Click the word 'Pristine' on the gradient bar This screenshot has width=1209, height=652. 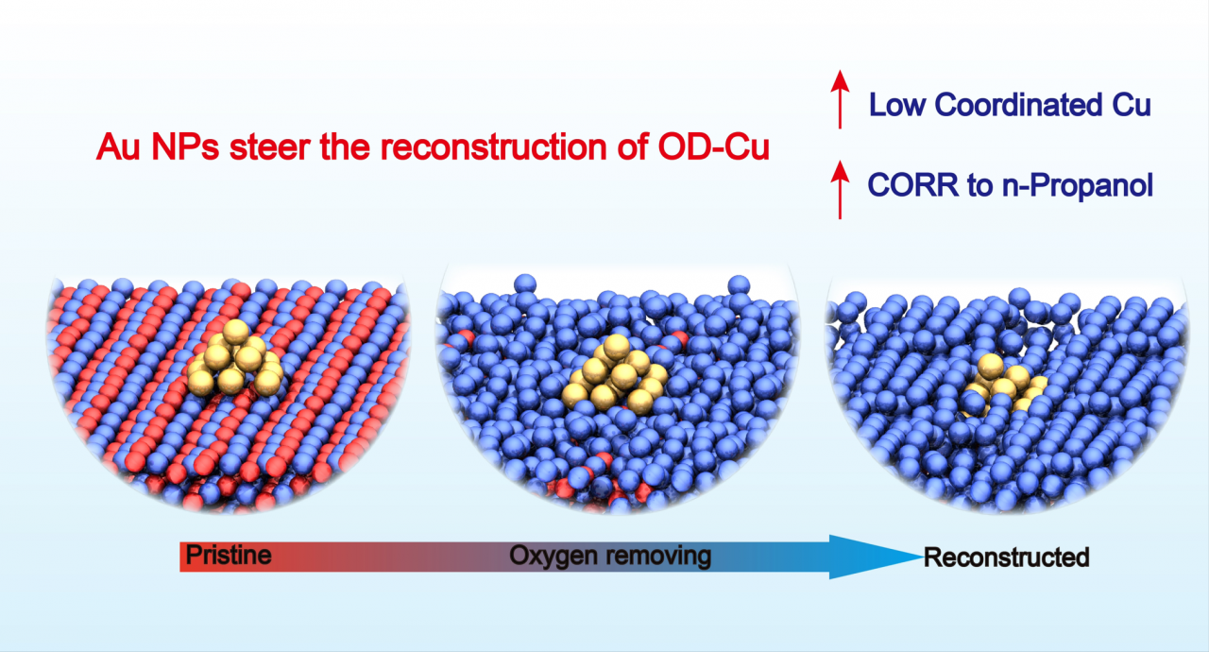pyautogui.click(x=228, y=556)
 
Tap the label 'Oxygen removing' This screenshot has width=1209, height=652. pyautogui.click(x=610, y=556)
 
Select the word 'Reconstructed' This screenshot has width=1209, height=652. pyautogui.click(x=1007, y=558)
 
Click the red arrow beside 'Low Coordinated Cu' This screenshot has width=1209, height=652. pyautogui.click(x=837, y=104)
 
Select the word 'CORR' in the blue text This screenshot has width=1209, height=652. pyautogui.click(x=910, y=185)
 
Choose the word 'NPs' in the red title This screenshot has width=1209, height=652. pyautogui.click(x=179, y=146)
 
